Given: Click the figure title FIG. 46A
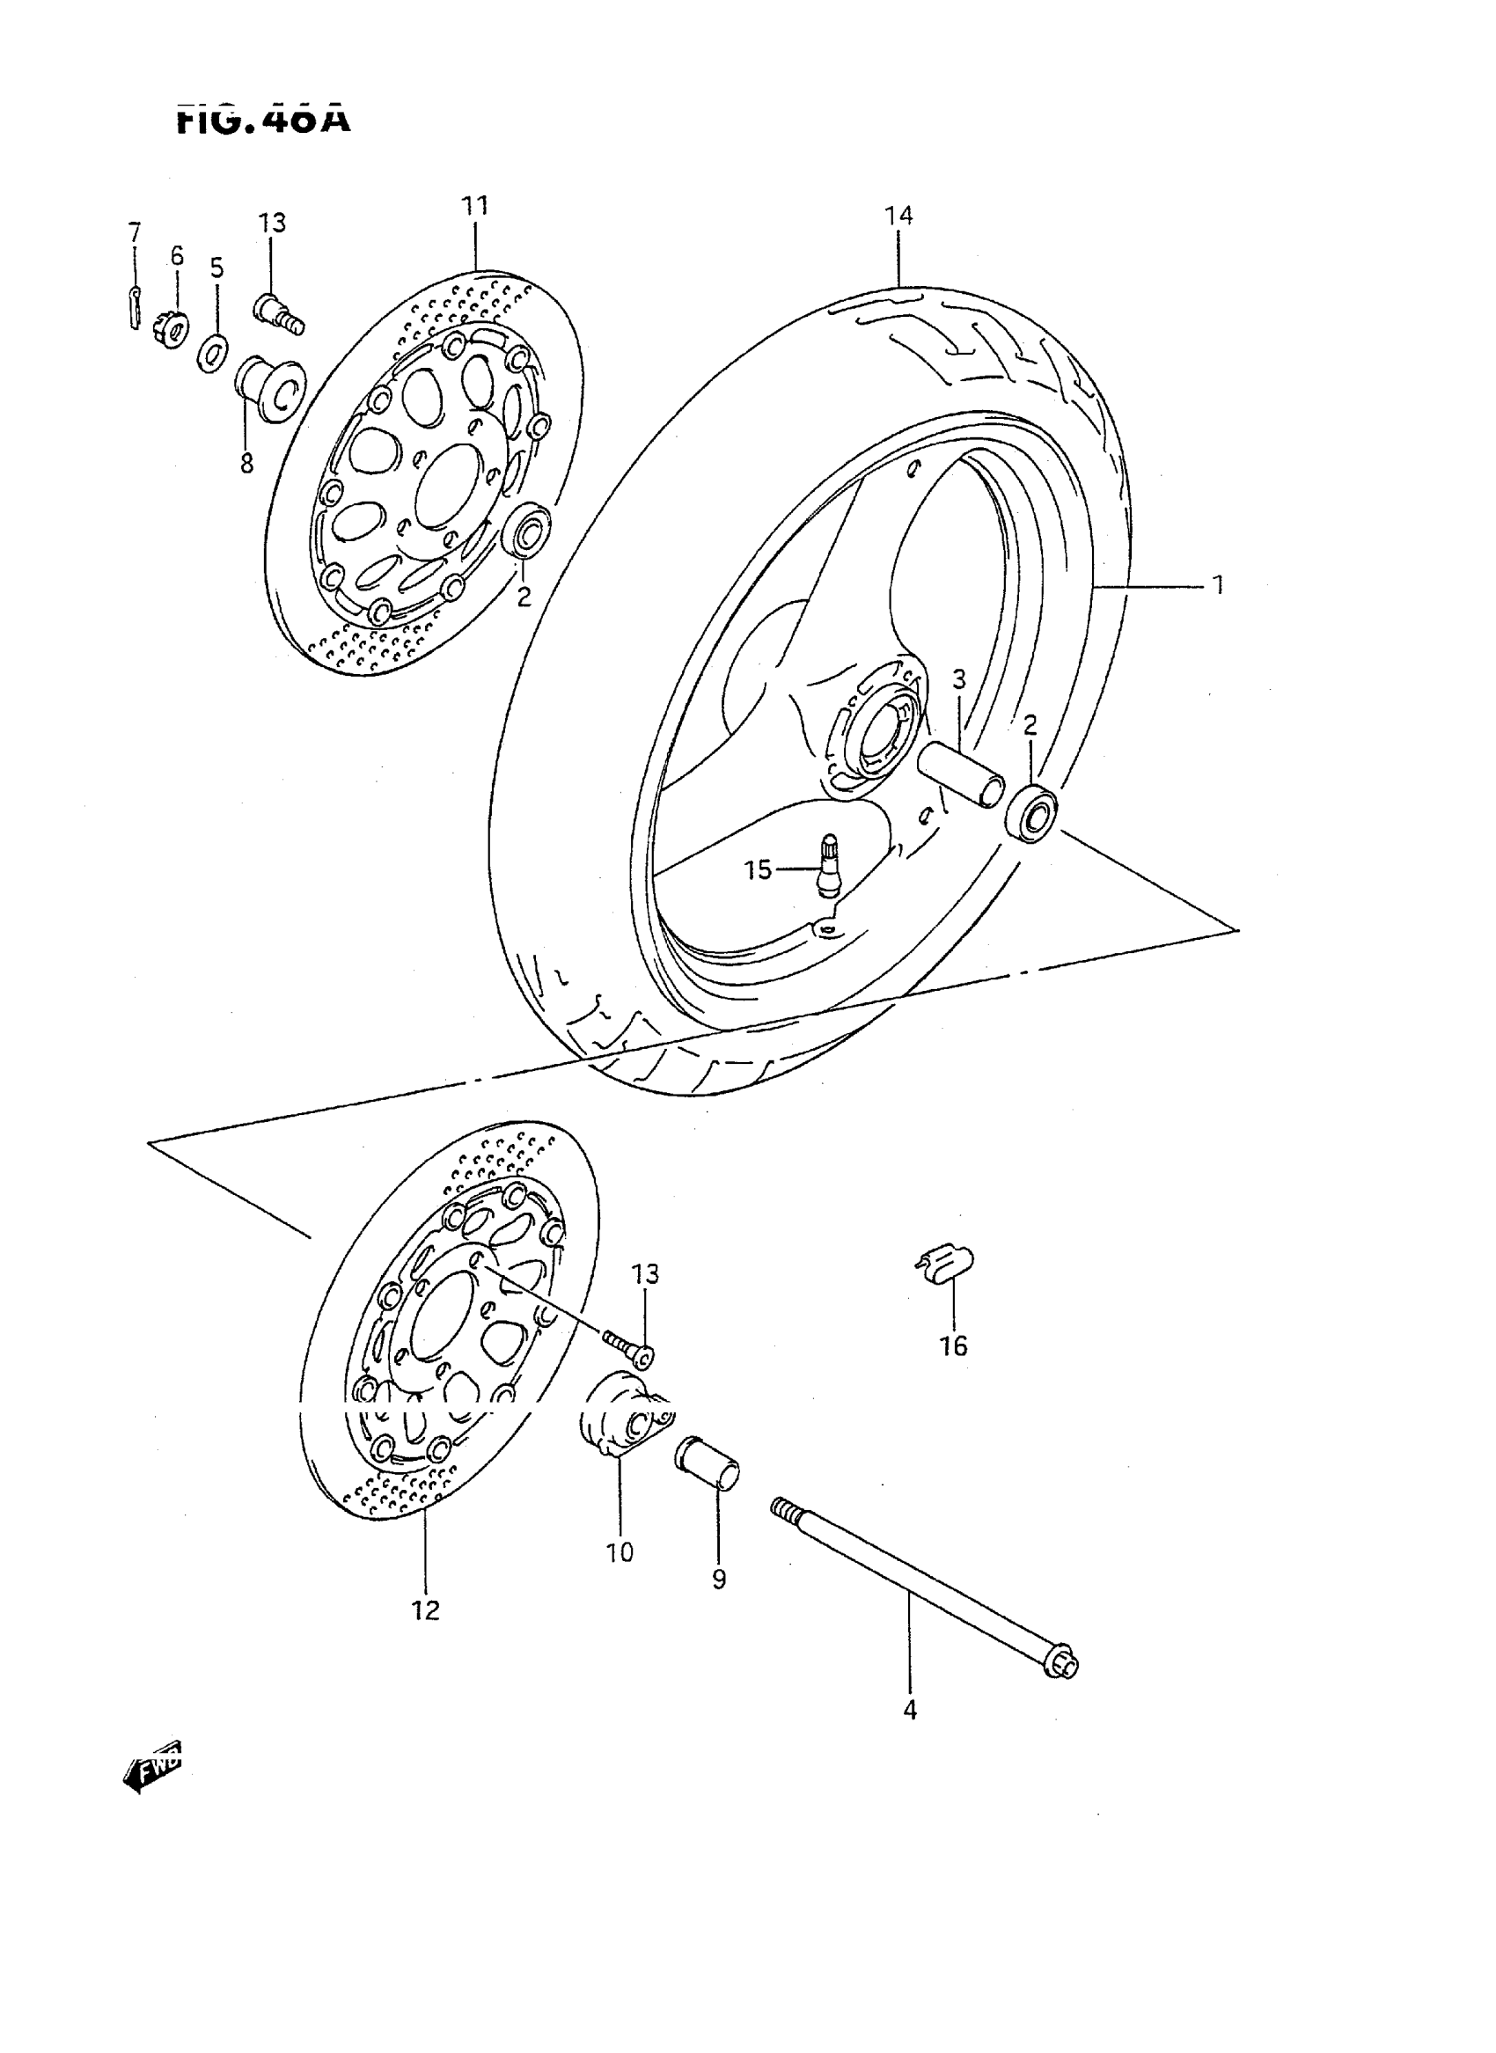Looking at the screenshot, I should point(262,121).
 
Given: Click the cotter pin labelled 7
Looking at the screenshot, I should point(134,308).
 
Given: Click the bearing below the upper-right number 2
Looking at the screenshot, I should point(1031,814).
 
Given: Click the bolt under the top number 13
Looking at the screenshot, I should point(278,313).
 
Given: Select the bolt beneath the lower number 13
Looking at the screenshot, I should point(630,1347).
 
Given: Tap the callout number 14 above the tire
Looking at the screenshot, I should point(898,216).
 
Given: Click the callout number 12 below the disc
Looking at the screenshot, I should point(425,1610).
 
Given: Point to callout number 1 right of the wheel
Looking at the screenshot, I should point(1218,585).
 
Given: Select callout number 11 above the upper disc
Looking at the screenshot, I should point(474,207).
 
